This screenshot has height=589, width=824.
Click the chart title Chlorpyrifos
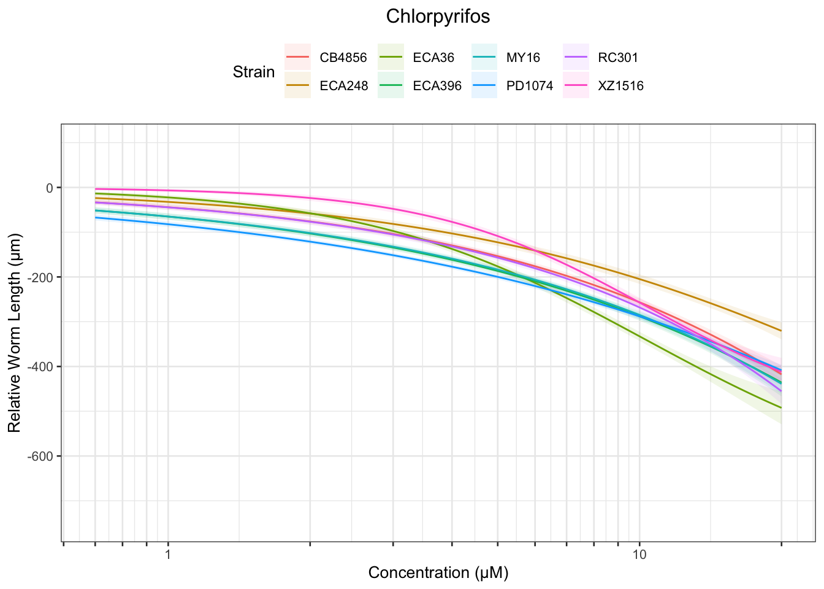pyautogui.click(x=438, y=17)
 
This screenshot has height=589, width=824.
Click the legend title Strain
pyautogui.click(x=254, y=72)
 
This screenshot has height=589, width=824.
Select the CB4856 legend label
pyautogui.click(x=343, y=58)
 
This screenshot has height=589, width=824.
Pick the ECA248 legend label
pyautogui.click(x=344, y=86)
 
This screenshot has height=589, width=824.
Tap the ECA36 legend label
pyautogui.click(x=433, y=58)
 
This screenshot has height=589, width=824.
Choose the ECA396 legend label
pyautogui.click(x=437, y=86)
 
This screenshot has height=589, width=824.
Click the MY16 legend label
pyautogui.click(x=523, y=58)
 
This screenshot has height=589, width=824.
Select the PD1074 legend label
pyautogui.click(x=530, y=86)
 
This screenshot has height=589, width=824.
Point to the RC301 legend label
pyautogui.click(x=618, y=58)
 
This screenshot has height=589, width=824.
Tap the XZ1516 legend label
pyautogui.click(x=620, y=86)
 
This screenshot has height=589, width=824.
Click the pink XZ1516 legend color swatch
pyautogui.click(x=577, y=86)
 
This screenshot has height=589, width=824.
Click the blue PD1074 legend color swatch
pyautogui.click(x=484, y=86)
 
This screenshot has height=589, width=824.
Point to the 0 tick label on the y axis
pyautogui.click(x=50, y=188)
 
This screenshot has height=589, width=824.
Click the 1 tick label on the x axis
pyautogui.click(x=167, y=555)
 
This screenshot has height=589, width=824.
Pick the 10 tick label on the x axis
pyautogui.click(x=639, y=555)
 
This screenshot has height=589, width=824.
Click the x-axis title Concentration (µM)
pyautogui.click(x=438, y=573)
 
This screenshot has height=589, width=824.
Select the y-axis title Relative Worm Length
pyautogui.click(x=15, y=333)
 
